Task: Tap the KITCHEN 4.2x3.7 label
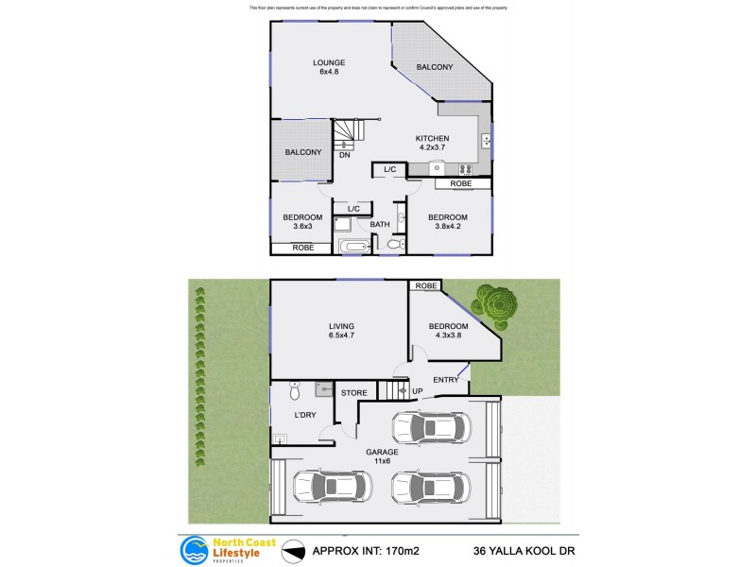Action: coord(439,143)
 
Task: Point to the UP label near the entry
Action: coord(417,391)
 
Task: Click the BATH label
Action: coord(380,224)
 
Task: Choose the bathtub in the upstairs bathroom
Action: coord(355,248)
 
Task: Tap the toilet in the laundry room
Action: coord(295,388)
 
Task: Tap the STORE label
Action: coord(353,392)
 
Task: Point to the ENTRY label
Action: coord(445,380)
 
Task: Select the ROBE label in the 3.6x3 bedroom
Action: coord(302,248)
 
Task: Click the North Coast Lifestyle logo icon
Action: coord(195,549)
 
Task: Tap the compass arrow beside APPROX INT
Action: coord(295,550)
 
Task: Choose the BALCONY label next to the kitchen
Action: coord(436,67)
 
